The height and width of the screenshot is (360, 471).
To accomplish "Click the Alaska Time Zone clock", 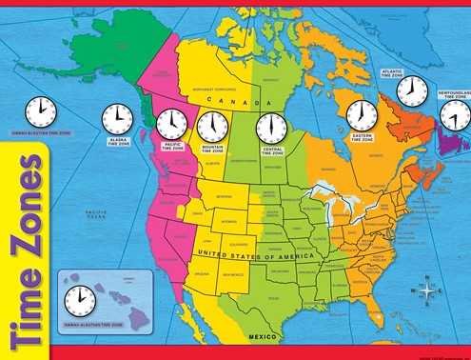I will (x=116, y=118).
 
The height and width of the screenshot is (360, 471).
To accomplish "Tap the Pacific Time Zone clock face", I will (x=171, y=123).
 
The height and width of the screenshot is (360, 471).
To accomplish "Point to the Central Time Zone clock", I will (x=270, y=127).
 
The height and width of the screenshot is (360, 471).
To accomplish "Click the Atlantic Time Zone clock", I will (x=411, y=90).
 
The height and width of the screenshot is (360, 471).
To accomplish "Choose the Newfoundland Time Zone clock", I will (x=453, y=115).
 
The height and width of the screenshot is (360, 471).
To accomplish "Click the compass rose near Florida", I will (x=428, y=289).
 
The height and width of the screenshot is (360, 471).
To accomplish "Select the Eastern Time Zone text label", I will (x=361, y=140).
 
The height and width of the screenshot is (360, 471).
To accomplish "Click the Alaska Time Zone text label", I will (x=117, y=141).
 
